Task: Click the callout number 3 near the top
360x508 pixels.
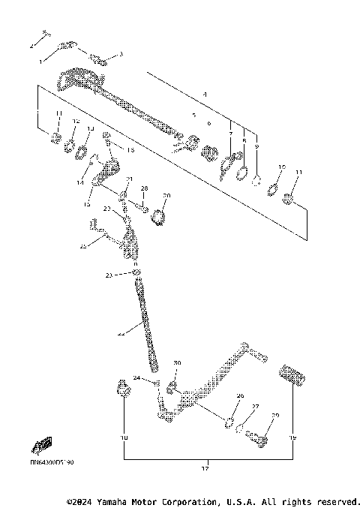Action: point(121,54)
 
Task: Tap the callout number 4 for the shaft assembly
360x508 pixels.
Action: point(203,95)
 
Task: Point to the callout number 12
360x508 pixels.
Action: point(76,121)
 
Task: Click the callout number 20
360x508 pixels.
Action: point(166,196)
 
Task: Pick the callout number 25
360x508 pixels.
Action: point(84,245)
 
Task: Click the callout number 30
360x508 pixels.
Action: point(177,363)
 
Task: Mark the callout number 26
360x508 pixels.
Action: point(240,395)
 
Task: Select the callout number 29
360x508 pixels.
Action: point(274,415)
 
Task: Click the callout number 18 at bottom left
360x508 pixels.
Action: point(124,437)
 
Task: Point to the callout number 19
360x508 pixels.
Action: point(293,437)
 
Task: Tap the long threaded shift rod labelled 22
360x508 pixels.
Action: point(146,323)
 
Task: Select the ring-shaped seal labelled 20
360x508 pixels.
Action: point(158,217)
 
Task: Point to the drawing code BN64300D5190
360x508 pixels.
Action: point(52,463)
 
